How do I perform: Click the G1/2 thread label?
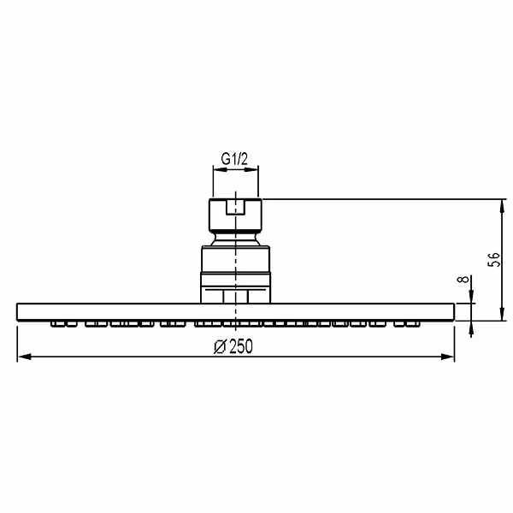tap(234, 159)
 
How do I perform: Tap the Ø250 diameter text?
tap(233, 346)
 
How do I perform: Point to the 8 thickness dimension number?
tap(463, 280)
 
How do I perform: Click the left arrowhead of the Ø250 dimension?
tap(24, 357)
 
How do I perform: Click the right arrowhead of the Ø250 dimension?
tap(447, 357)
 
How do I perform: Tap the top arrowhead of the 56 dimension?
tap(502, 206)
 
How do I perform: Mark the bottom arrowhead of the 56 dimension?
tap(502, 314)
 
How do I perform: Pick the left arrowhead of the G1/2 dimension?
tap(221, 169)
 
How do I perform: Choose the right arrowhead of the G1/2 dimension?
tap(251, 169)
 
